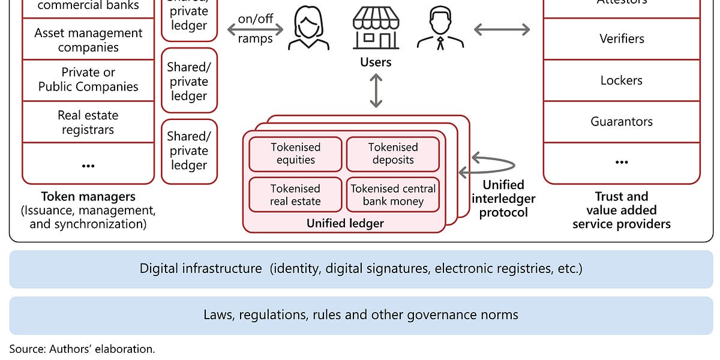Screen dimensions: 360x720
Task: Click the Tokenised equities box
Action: tap(295, 154)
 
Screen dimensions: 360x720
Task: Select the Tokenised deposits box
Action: tap(392, 154)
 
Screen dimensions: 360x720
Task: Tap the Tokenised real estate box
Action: tap(295, 195)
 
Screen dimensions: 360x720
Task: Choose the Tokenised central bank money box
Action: tap(392, 195)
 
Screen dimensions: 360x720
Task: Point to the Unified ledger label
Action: tap(344, 224)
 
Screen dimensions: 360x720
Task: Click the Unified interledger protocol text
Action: tap(503, 199)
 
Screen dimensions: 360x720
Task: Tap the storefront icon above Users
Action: tap(376, 28)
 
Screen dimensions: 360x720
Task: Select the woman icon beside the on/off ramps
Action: tap(308, 29)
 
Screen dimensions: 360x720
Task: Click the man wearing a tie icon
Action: tap(440, 29)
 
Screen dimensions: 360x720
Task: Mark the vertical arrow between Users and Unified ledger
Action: tap(376, 91)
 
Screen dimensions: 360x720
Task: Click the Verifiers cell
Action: tap(621, 39)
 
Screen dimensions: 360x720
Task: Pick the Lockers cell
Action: tap(621, 80)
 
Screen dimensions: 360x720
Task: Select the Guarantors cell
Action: tap(621, 122)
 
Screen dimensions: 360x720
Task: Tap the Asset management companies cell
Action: tap(88, 40)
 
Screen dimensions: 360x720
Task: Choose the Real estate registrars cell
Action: tap(88, 122)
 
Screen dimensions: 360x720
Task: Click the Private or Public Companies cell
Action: tap(88, 80)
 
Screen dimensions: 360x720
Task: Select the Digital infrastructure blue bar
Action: tap(361, 269)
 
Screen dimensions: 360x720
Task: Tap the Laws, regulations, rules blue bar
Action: tap(361, 315)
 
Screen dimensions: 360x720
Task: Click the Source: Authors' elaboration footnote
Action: tap(82, 349)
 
